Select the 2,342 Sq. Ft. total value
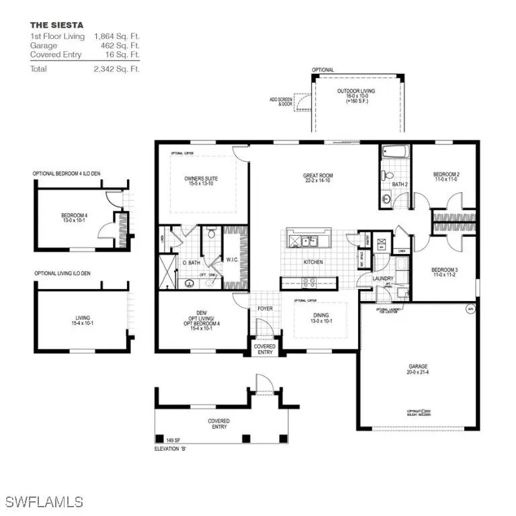(117, 69)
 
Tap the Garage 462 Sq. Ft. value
(123, 46)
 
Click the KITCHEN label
(313, 262)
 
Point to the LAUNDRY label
(365, 277)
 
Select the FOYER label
(265, 310)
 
